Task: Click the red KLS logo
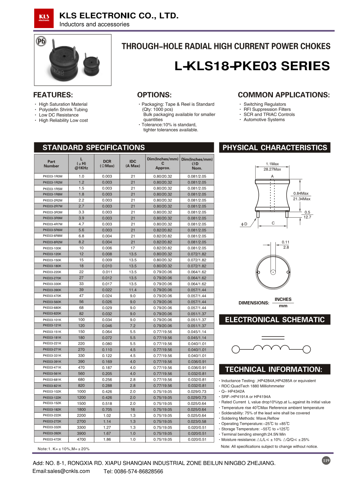(x=44, y=18)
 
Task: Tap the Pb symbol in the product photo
(x=41, y=41)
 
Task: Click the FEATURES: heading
(x=53, y=95)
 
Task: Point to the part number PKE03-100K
(x=52, y=248)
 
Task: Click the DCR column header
(x=107, y=163)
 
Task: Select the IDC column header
(x=133, y=163)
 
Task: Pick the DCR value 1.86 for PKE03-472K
(x=107, y=439)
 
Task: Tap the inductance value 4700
(x=81, y=439)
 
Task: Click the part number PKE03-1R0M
(x=53, y=176)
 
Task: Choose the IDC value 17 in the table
(x=133, y=248)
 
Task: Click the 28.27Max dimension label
(x=272, y=169)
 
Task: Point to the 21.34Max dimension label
(x=302, y=199)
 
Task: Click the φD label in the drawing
(x=244, y=224)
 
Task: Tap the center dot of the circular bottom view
(x=273, y=272)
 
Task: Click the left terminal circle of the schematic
(x=235, y=349)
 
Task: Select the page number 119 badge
(x=326, y=460)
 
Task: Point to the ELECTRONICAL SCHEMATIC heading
(x=275, y=320)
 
